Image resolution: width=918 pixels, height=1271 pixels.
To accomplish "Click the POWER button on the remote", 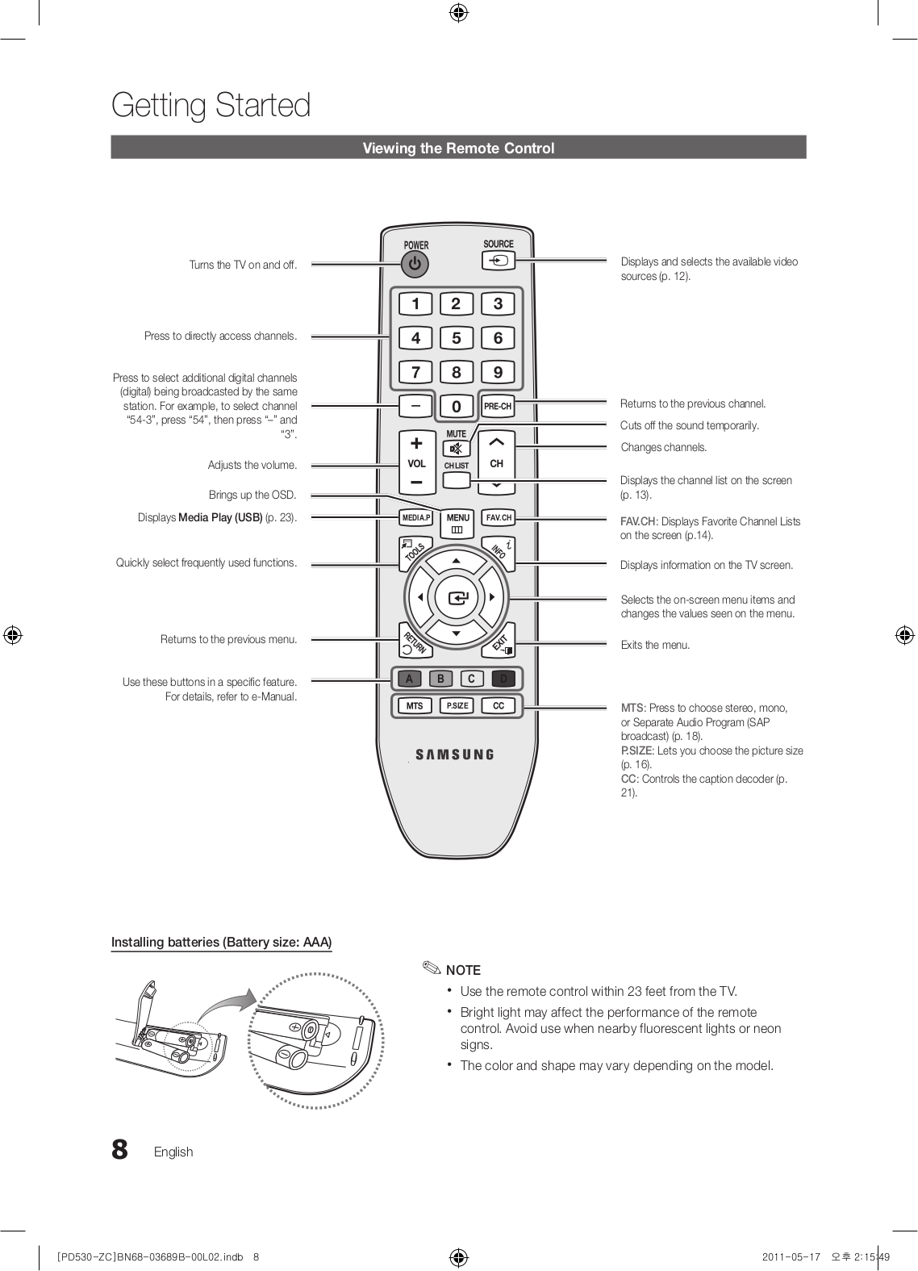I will click(415, 264).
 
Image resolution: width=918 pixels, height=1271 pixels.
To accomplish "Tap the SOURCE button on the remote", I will click(499, 261).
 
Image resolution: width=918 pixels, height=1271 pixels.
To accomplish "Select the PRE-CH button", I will click(498, 407).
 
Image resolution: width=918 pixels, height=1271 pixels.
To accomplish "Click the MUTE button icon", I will click(457, 449).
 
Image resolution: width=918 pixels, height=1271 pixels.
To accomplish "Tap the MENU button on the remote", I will click(457, 522).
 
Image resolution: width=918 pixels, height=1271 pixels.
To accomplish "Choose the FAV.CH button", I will click(499, 518).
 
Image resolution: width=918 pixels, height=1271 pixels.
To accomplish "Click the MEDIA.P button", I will click(416, 518).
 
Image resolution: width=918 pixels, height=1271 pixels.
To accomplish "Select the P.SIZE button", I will click(457, 706).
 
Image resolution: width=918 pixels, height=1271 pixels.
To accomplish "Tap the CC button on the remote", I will click(499, 706).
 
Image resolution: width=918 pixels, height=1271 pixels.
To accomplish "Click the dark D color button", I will click(503, 679).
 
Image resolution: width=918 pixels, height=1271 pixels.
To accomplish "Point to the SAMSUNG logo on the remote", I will click(455, 755).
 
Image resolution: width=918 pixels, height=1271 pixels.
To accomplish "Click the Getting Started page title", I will click(211, 106).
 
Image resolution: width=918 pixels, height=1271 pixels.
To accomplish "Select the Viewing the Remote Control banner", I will click(458, 148).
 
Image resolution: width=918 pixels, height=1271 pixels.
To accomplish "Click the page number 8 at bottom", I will click(119, 1150).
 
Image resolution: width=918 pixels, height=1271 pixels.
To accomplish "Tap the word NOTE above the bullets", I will click(463, 970).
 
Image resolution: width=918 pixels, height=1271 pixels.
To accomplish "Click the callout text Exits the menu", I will click(655, 645).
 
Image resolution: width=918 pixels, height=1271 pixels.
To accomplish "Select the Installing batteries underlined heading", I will click(221, 943).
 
